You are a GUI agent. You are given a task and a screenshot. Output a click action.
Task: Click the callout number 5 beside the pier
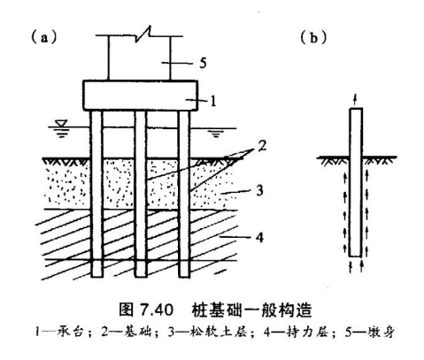[203, 63]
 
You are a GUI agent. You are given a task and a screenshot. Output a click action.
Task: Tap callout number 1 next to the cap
[213, 101]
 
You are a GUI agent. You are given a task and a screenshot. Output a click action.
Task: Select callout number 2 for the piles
[262, 146]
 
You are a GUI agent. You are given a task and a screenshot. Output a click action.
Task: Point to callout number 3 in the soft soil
[259, 191]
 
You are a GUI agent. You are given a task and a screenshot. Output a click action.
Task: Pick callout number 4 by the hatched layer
[259, 237]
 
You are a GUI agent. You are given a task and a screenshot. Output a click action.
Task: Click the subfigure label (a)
[44, 38]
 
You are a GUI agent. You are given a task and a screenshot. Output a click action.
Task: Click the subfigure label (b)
[313, 38]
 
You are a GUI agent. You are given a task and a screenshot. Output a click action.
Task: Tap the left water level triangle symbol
[63, 123]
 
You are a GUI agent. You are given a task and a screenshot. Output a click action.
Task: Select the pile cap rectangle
[141, 96]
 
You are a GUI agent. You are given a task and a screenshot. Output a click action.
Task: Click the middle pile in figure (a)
[141, 194]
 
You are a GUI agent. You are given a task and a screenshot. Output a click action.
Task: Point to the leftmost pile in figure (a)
[96, 194]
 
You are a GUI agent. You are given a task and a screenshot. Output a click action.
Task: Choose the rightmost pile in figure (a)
[184, 194]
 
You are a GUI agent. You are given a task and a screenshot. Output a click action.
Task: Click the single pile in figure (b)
[356, 182]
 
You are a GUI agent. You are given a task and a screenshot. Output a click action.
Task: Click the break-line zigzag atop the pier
[143, 33]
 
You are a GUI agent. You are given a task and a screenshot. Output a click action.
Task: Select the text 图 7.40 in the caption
[146, 310]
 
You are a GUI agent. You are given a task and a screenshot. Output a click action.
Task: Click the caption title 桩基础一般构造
[251, 310]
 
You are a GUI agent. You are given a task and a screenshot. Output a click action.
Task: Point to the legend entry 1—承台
[59, 332]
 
